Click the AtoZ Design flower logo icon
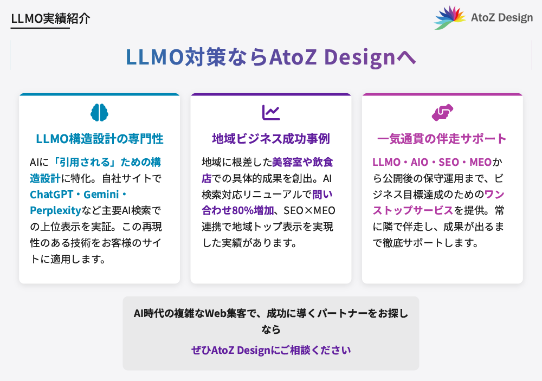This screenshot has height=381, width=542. (450, 17)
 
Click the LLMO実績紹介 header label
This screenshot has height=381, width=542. (50, 18)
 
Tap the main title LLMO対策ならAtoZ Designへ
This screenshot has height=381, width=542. (270, 57)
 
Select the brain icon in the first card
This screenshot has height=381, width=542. (100, 112)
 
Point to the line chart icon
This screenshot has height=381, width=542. (271, 112)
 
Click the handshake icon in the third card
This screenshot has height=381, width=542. (442, 112)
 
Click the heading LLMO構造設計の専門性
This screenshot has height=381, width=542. (100, 139)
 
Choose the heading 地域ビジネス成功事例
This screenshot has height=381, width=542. (271, 139)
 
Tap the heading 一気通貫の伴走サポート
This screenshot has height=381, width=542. (442, 139)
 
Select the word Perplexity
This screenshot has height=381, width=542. (55, 210)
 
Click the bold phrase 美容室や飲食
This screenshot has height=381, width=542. (302, 162)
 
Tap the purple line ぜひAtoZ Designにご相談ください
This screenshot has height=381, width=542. (271, 350)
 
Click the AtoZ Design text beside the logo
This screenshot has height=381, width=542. (502, 17)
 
